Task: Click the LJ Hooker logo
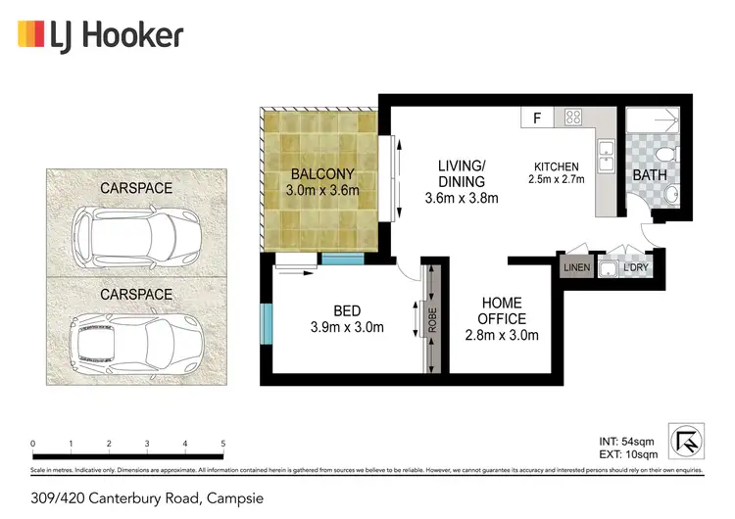pos(100,36)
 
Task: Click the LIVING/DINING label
pos(462,173)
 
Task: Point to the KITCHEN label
pos(556,166)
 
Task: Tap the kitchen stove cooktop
pos(572,118)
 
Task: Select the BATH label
pos(649,175)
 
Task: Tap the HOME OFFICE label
pos(500,310)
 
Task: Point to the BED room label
pos(347,310)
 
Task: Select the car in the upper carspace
pos(129,234)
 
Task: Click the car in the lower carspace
pos(129,340)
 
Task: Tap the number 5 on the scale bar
pos(223,444)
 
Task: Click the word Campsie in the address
pos(236,498)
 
